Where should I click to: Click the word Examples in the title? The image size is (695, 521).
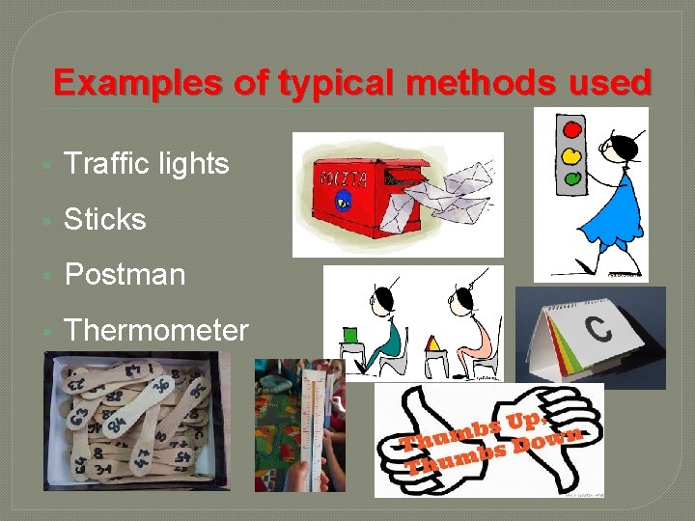pos(115,83)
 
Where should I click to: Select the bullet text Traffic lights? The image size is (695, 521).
pos(147,164)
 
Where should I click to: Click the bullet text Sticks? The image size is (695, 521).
pos(105,219)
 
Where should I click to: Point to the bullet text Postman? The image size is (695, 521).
pos(125,275)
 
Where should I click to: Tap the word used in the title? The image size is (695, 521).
pos(611,83)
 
